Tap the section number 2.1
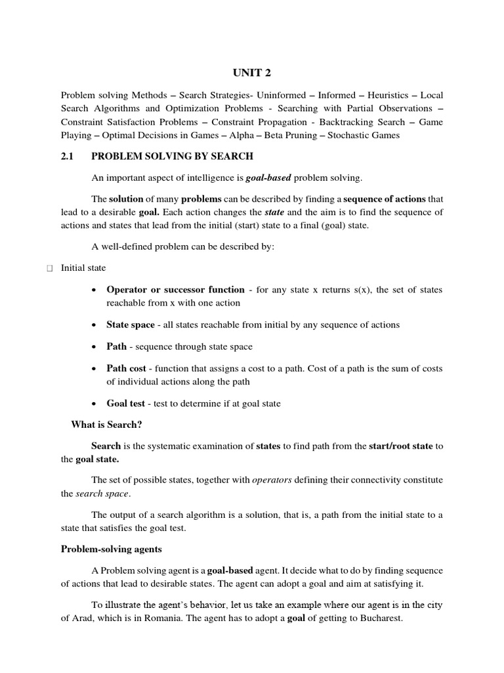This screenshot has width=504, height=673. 69,156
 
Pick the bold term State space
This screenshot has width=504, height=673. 131,325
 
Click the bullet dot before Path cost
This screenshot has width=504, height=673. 96,369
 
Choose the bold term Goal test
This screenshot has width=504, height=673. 126,404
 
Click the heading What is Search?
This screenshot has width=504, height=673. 106,425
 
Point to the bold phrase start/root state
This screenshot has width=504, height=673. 400,446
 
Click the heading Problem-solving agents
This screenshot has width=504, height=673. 112,549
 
